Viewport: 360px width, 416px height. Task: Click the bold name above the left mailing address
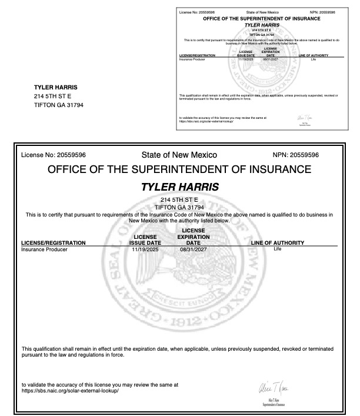[56, 87]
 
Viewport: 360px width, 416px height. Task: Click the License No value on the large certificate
[71, 155]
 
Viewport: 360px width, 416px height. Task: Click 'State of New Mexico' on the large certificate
[179, 155]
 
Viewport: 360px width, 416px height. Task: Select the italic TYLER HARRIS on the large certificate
[179, 187]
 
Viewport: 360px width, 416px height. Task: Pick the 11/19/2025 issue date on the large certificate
[145, 249]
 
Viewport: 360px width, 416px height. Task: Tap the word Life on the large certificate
[278, 248]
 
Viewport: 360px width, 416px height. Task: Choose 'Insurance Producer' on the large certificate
[44, 249]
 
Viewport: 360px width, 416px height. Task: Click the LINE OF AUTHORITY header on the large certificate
[278, 242]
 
